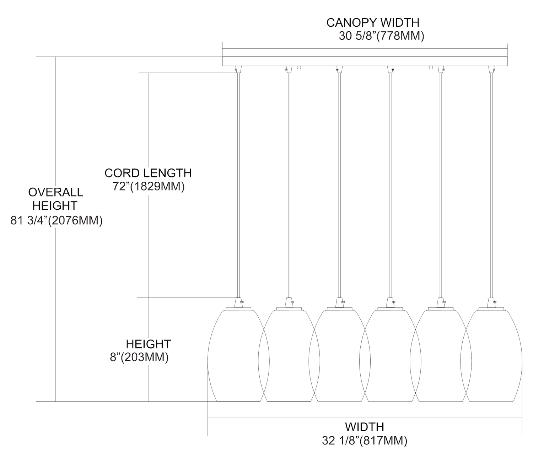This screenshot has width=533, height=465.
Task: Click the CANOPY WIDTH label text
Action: coord(373,22)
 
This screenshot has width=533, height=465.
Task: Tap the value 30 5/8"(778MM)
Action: coord(381,36)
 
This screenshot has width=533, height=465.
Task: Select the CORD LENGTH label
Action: coord(148,173)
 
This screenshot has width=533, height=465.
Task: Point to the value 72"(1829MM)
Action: coord(149,187)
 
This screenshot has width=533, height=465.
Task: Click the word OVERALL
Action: coord(55,192)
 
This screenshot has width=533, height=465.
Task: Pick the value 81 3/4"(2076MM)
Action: coord(56,221)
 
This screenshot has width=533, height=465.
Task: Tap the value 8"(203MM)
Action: coord(139,357)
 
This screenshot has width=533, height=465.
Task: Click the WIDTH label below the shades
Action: coord(365,427)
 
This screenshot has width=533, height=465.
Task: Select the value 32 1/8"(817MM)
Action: coord(365,441)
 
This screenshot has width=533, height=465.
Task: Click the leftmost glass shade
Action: coord(234,356)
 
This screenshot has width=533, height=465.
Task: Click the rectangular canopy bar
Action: coord(365,61)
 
